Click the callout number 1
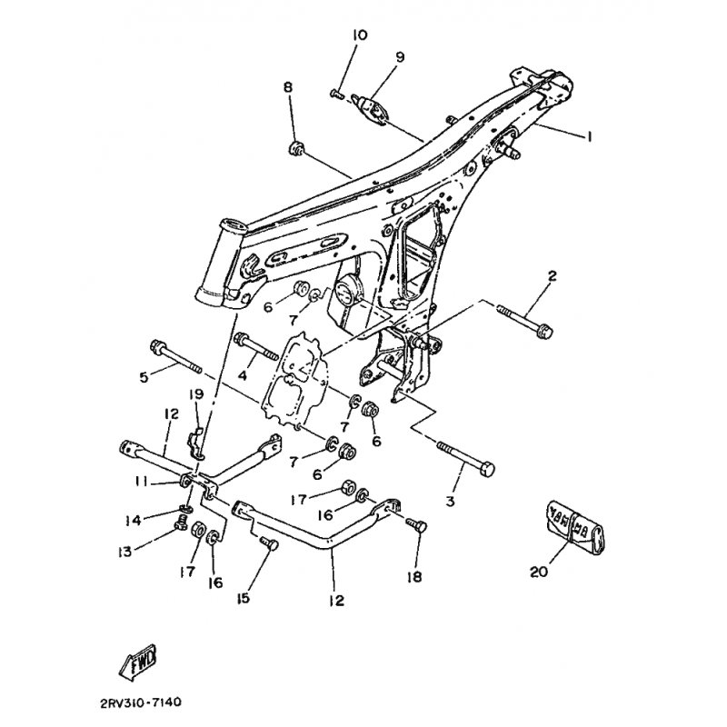[x=588, y=137]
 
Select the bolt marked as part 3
[x=466, y=459]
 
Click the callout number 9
[x=398, y=56]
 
